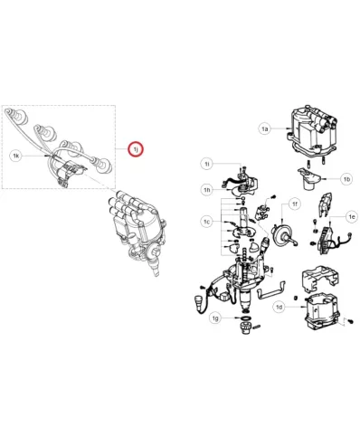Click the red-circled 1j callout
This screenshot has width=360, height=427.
(x=135, y=149)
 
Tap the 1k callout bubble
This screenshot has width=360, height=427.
(x=16, y=156)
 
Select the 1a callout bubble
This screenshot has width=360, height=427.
(x=264, y=128)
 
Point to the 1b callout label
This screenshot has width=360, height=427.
(x=346, y=179)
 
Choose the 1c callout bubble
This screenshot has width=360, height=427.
(x=206, y=222)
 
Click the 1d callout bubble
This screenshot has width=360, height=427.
(x=279, y=308)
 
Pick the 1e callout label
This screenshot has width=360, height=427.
(x=352, y=216)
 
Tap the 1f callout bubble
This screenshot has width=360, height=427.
(x=294, y=204)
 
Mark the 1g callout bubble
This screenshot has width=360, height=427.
(x=215, y=318)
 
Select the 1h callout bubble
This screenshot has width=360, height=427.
(x=207, y=190)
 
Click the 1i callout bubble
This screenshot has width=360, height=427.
(x=207, y=164)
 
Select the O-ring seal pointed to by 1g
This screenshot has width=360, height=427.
(x=246, y=318)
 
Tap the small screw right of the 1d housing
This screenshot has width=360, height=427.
(x=350, y=322)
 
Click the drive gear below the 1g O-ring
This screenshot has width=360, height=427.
(x=245, y=327)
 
